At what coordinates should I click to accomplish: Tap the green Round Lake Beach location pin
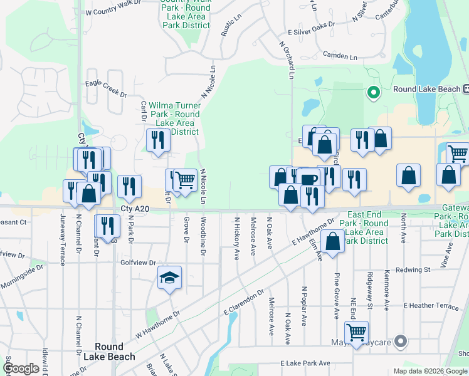pos(374,93)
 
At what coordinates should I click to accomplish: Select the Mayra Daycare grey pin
pos(402,342)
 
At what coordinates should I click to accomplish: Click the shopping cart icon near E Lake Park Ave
pos(356,332)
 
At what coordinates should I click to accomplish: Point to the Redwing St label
pos(417,269)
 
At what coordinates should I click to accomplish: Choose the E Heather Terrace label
pos(431,305)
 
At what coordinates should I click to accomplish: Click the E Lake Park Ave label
pos(305,363)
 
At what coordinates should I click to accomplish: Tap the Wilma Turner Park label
pos(174,114)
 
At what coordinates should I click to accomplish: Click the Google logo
pos(21,368)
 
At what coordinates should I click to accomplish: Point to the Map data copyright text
pos(430,371)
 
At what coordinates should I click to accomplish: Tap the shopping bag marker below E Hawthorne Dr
pos(332,241)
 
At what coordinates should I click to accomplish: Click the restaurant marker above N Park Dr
pos(129,186)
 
